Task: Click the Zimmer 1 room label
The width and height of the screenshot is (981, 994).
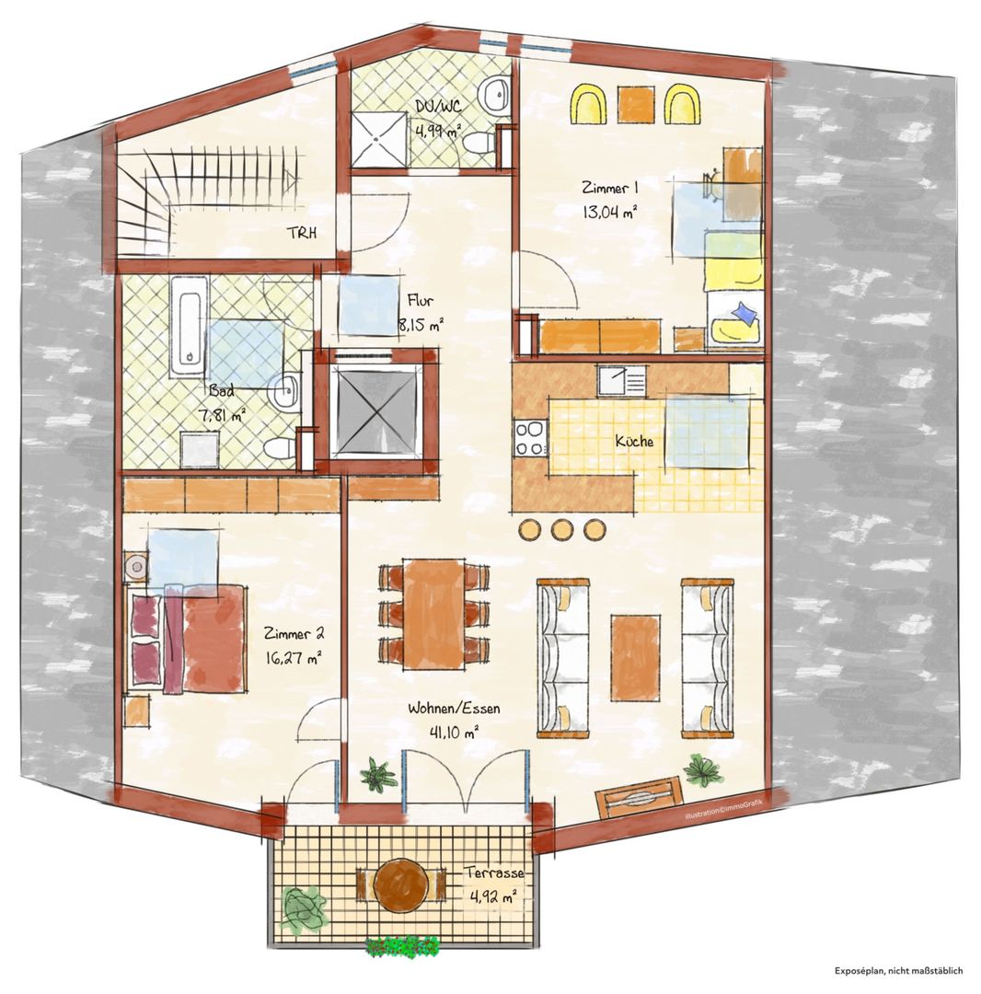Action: click(x=609, y=188)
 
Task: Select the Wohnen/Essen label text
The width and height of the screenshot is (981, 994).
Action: click(x=454, y=708)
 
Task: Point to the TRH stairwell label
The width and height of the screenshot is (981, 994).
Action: click(x=302, y=233)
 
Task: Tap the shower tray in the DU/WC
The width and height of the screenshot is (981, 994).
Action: click(x=379, y=140)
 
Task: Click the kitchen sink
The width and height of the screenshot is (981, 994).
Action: click(x=621, y=381)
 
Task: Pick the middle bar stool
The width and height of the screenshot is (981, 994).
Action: click(x=560, y=529)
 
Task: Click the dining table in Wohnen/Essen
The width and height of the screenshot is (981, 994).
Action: click(x=433, y=613)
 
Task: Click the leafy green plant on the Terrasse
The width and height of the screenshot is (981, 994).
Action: click(x=304, y=907)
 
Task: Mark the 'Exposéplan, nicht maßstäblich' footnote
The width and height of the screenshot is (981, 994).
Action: click(x=898, y=971)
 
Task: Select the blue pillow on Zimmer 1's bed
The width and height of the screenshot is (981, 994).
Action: click(x=744, y=314)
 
